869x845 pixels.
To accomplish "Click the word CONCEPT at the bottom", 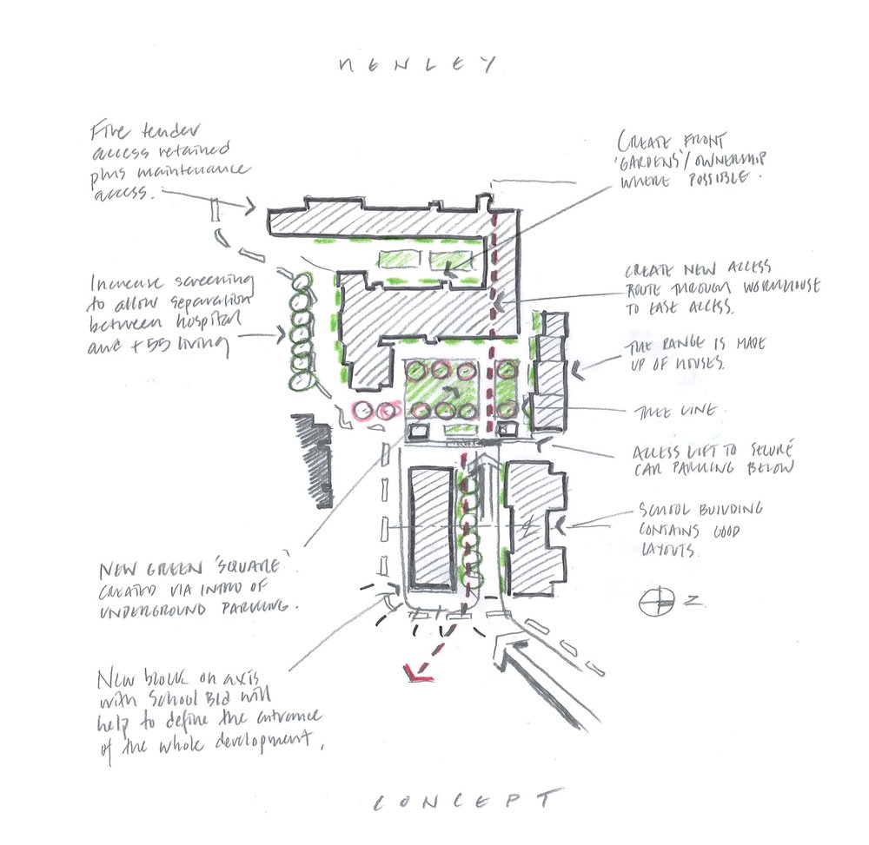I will [x=465, y=801].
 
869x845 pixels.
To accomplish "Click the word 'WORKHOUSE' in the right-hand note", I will [x=778, y=287].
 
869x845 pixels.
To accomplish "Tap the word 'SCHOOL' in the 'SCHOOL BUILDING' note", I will [x=665, y=510].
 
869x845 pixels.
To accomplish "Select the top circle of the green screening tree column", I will [x=302, y=282].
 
